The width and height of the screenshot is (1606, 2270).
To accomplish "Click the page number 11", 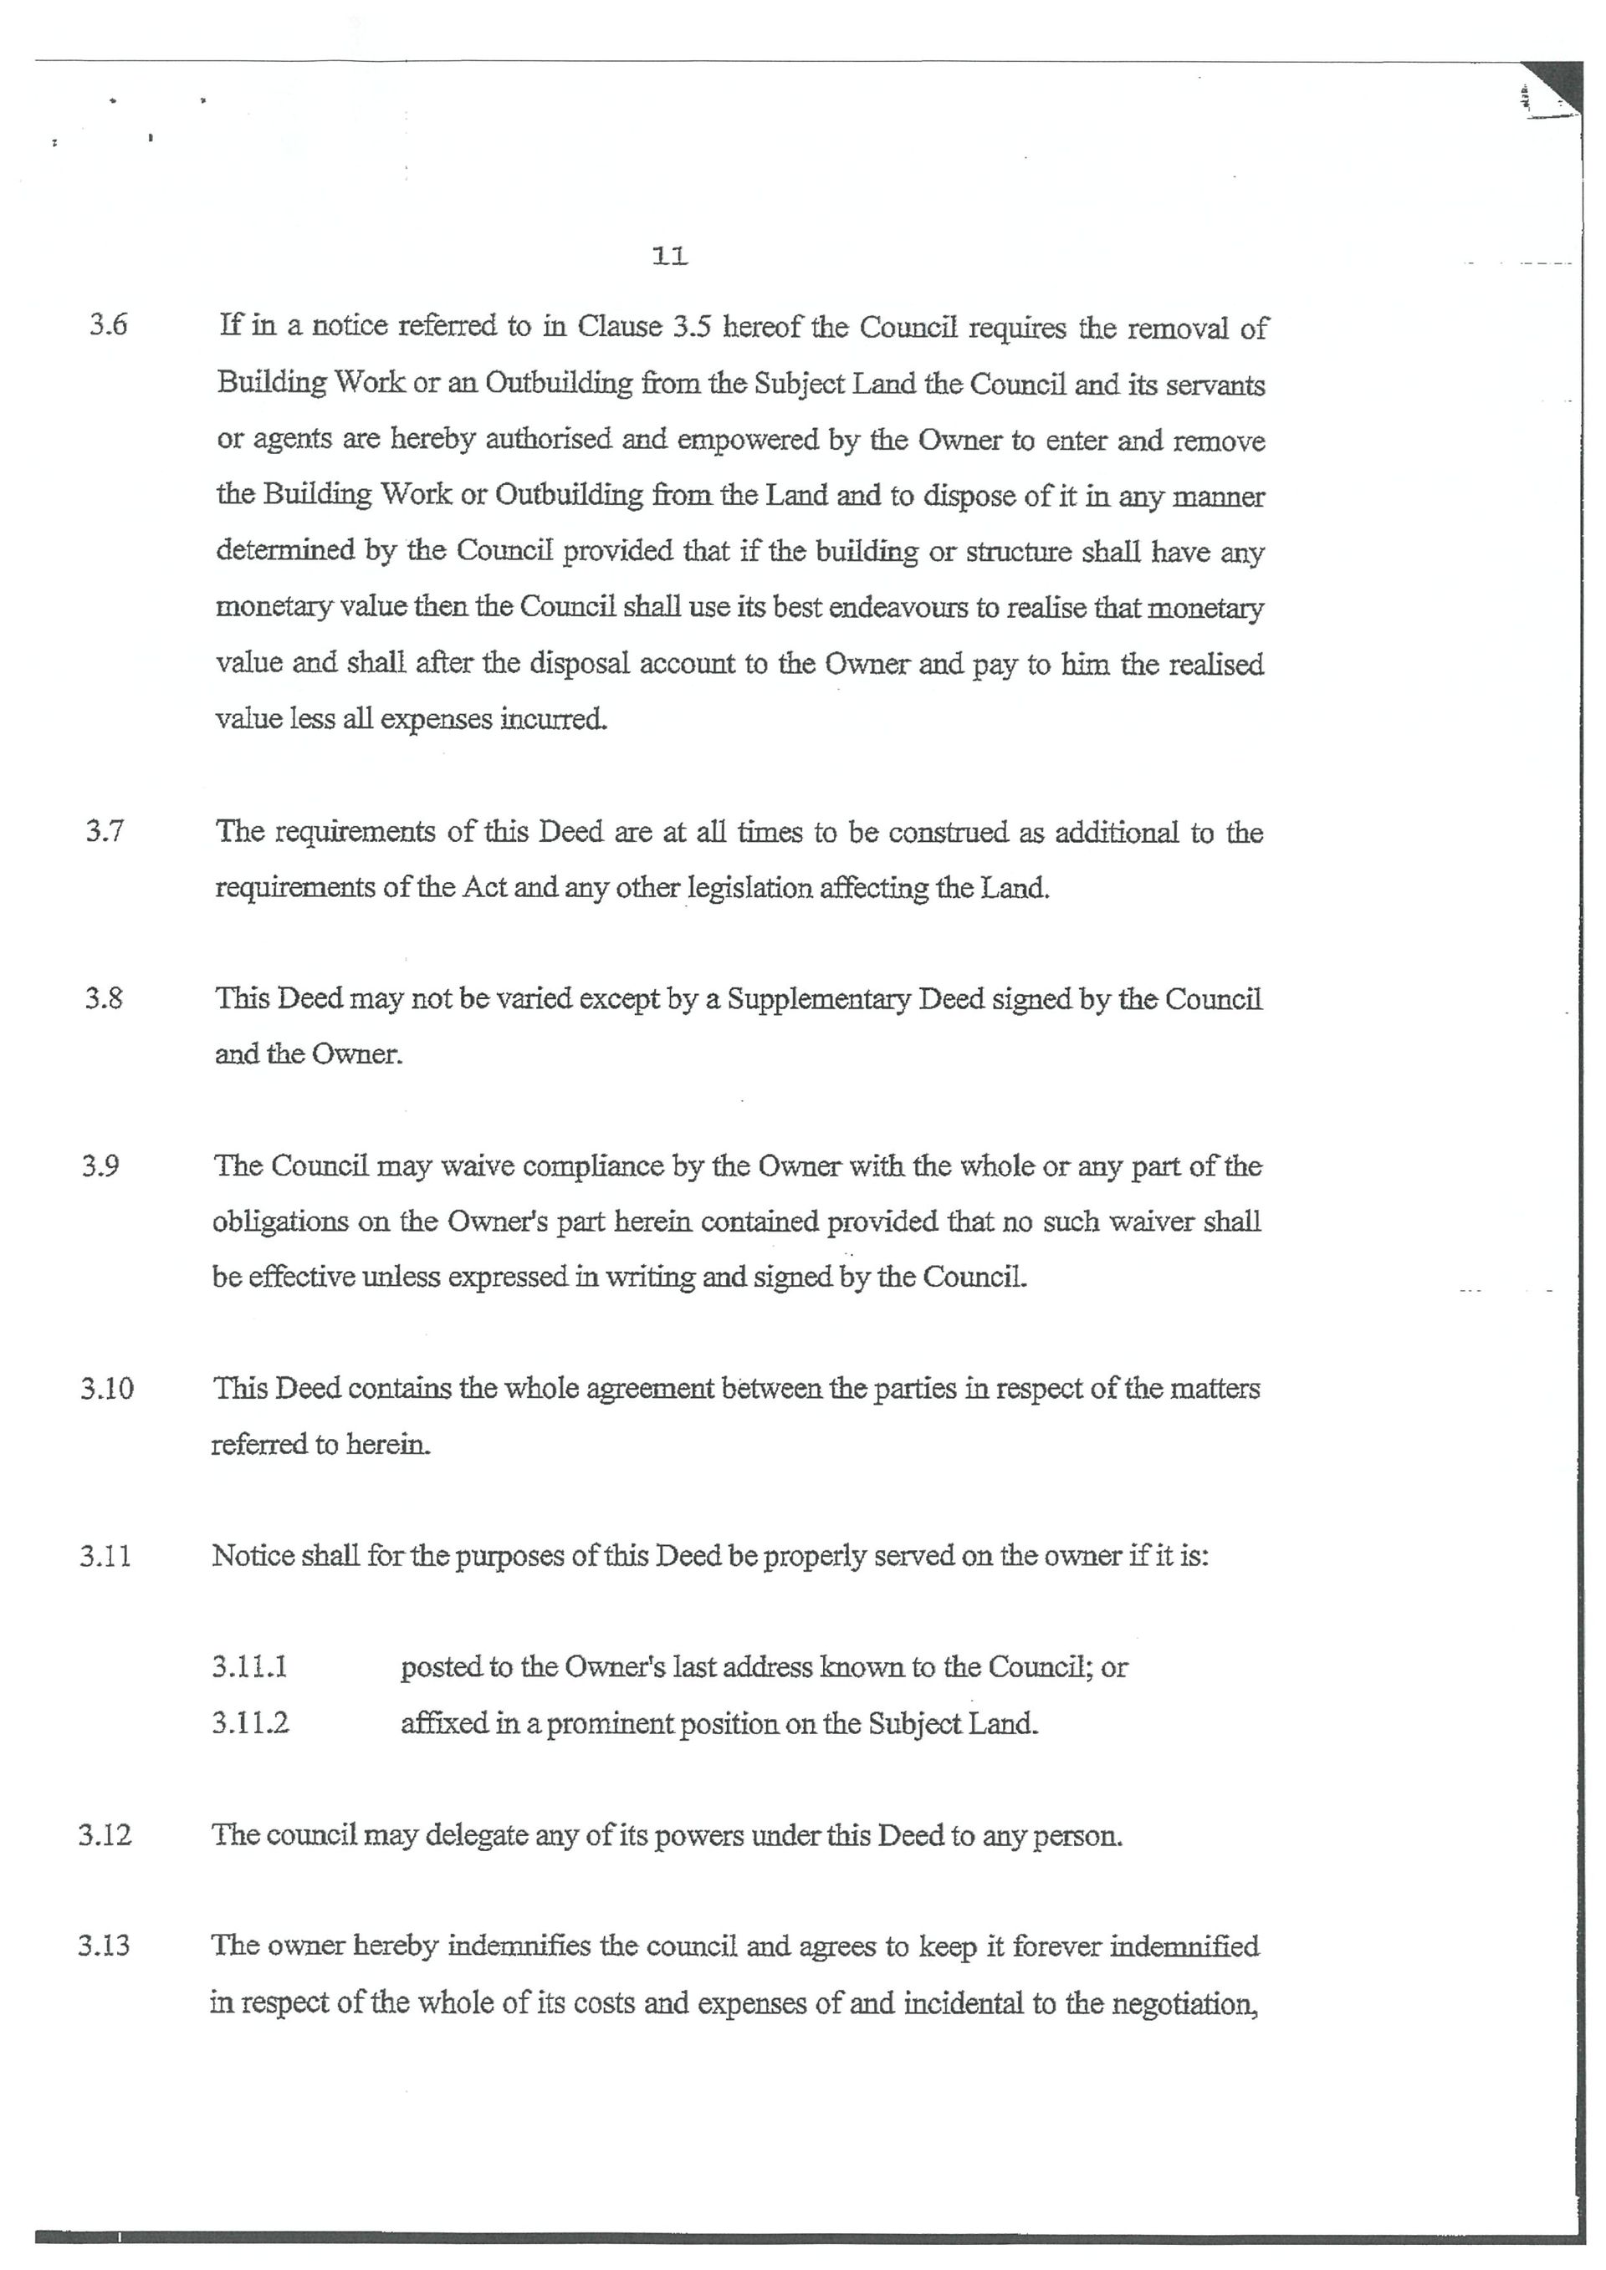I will pyautogui.click(x=669, y=257).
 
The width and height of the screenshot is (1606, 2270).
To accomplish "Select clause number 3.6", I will pyautogui.click(x=109, y=325).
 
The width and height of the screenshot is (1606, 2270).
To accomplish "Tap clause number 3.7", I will pyautogui.click(x=105, y=830).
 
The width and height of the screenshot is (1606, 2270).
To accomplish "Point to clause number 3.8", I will pyautogui.click(x=104, y=997).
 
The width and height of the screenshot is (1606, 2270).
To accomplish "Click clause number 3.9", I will pyautogui.click(x=101, y=1166).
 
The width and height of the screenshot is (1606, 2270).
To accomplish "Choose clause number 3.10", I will pyautogui.click(x=107, y=1388).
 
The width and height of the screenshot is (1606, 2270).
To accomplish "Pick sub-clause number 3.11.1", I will pyautogui.click(x=249, y=1667).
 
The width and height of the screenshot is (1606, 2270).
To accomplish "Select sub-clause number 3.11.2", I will pyautogui.click(x=250, y=1723).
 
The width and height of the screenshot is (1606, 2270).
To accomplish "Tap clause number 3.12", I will pyautogui.click(x=105, y=1835).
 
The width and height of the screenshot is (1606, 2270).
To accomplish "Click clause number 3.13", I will pyautogui.click(x=104, y=1946).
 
